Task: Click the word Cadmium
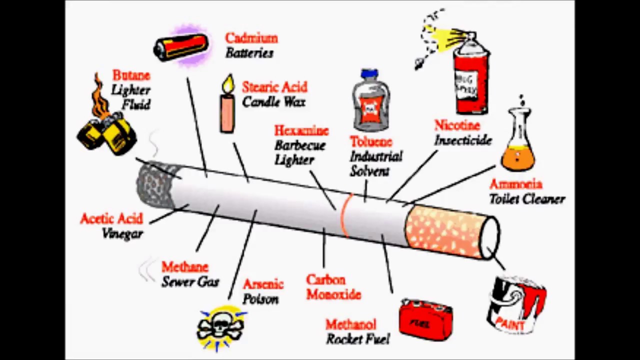click(x=251, y=38)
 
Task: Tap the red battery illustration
click(x=181, y=46)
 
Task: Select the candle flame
click(x=228, y=84)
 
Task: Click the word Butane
click(x=131, y=75)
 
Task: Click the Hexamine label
click(x=301, y=131)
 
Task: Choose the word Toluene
click(x=371, y=142)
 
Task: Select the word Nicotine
click(x=457, y=125)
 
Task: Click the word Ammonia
click(x=516, y=184)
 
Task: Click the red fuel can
click(x=425, y=320)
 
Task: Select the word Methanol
click(x=350, y=325)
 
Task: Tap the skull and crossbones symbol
click(x=221, y=327)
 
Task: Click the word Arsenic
click(x=263, y=284)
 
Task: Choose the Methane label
click(x=184, y=267)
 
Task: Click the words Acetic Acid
click(x=111, y=219)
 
